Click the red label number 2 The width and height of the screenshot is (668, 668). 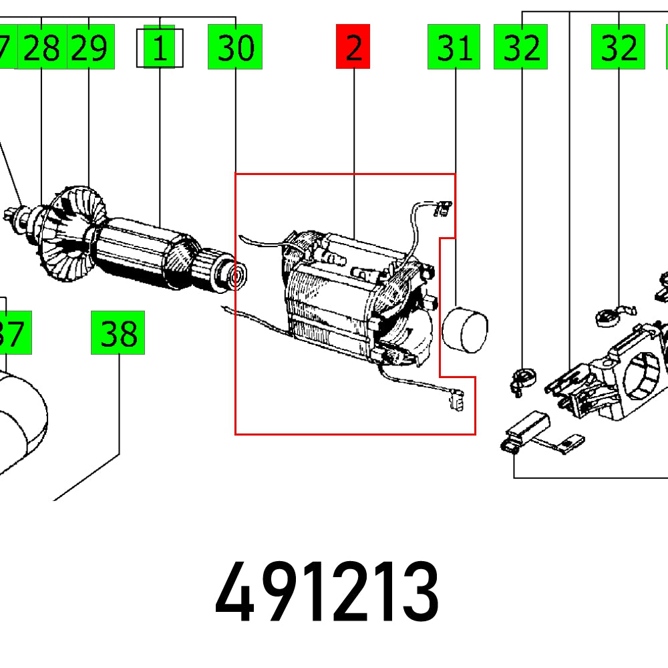pos(353,47)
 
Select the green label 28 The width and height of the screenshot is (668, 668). pos(41,47)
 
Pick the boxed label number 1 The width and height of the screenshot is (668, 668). pos(159,47)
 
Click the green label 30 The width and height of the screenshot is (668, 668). pos(235,47)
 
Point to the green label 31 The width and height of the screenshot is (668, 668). pos(454,47)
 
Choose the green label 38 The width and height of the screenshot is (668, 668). pos(118,333)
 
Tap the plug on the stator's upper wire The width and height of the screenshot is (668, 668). pos(441,209)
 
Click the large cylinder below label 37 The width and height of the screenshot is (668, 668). pos(20,421)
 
